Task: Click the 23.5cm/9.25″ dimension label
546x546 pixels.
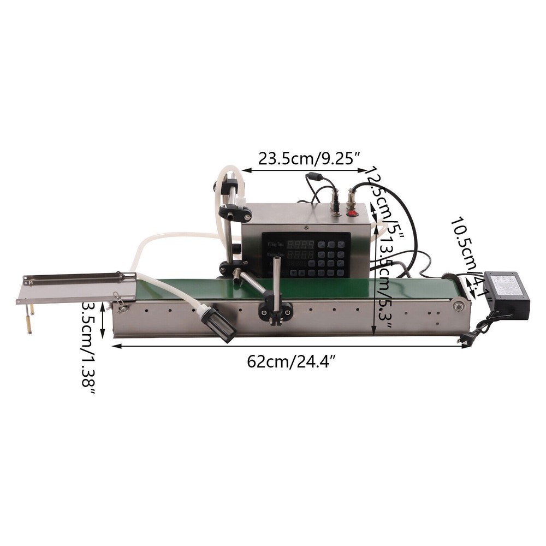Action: pos(309,159)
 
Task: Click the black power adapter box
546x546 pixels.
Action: pos(506,295)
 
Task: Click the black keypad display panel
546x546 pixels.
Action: pos(306,254)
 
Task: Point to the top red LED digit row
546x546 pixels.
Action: pos(301,244)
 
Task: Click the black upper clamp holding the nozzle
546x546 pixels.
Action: pos(235,212)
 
